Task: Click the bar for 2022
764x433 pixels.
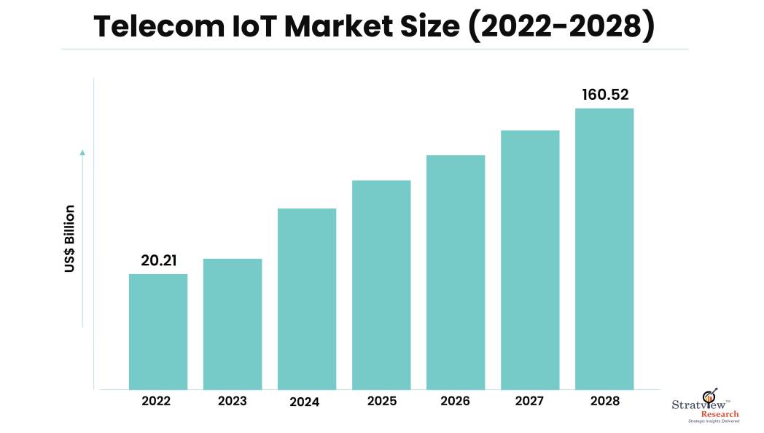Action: [x=158, y=332]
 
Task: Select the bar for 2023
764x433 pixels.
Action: [x=233, y=324]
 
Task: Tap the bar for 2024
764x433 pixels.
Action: [x=307, y=299]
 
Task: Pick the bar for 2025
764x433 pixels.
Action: [x=381, y=284]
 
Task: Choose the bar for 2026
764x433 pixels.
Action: [x=456, y=272]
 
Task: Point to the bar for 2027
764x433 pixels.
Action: [x=530, y=260]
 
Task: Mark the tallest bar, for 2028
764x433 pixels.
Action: [x=604, y=249]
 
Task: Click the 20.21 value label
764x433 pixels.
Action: [x=159, y=260]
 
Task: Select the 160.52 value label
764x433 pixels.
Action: [x=605, y=95]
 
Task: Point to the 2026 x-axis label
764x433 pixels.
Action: [x=456, y=401]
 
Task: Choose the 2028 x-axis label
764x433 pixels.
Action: [x=604, y=401]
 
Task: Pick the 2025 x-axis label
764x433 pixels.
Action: [x=381, y=401]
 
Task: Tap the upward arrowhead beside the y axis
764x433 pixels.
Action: [x=82, y=152]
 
